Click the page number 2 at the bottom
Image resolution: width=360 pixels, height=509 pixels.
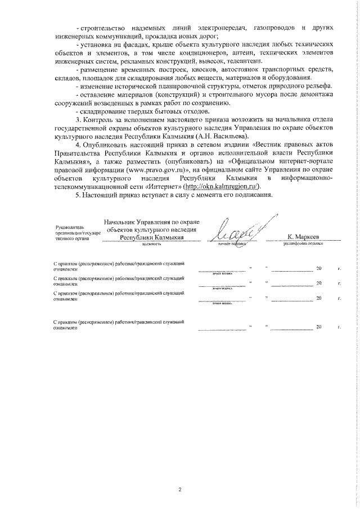tap(180, 489)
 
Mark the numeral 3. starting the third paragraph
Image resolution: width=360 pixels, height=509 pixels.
tap(79, 136)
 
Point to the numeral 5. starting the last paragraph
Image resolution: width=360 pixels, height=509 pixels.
tap(79, 210)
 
